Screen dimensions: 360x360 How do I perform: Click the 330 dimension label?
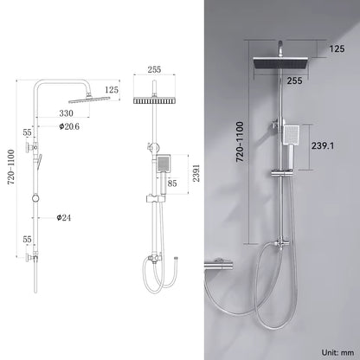tap(66, 113)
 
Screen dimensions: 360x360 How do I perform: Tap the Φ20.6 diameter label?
tap(69, 126)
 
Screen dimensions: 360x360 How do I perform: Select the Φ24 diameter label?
tap(63, 217)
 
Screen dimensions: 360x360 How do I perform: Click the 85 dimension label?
tap(172, 183)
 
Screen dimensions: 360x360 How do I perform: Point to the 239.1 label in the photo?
tap(323, 145)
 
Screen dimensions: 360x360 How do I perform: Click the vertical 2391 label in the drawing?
tap(196, 173)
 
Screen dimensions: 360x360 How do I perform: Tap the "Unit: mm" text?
tap(337, 352)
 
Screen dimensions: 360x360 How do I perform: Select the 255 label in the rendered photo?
tap(294, 80)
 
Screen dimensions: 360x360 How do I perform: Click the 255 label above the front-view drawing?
tap(154, 70)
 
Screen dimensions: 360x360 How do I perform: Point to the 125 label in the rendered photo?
tap(337, 48)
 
